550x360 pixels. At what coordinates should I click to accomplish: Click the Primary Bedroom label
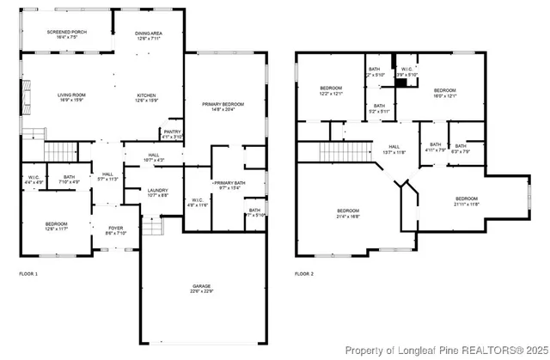click(x=223, y=106)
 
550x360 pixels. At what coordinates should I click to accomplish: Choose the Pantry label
click(x=172, y=134)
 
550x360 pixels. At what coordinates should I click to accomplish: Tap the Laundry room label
click(x=157, y=193)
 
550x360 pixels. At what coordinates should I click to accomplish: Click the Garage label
click(x=202, y=289)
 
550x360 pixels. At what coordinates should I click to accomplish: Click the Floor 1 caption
click(x=29, y=274)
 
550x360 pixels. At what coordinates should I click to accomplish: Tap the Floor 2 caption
click(x=305, y=274)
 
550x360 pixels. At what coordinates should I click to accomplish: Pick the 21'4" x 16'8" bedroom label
click(x=348, y=213)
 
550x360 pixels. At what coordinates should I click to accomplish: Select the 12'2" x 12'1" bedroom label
click(x=333, y=90)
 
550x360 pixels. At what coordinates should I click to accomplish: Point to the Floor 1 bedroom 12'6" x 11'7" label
click(x=57, y=226)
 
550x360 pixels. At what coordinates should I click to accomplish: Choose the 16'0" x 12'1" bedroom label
click(x=444, y=93)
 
